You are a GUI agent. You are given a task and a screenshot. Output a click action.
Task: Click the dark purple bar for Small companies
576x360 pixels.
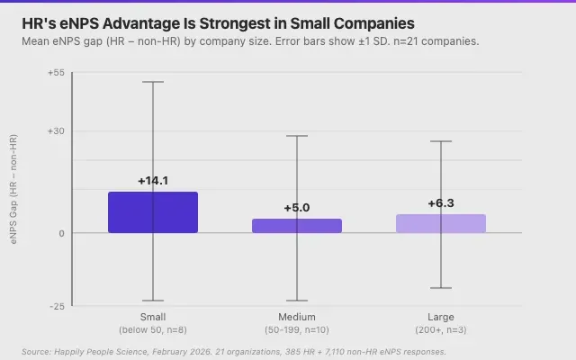(153, 212)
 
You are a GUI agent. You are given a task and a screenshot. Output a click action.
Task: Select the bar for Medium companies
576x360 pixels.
(297, 226)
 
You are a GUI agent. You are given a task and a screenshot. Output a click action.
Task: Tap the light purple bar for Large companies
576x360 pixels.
(441, 224)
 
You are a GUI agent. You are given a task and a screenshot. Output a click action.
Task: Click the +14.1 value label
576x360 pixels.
(153, 181)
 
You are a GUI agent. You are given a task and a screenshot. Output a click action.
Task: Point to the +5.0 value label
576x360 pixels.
(297, 208)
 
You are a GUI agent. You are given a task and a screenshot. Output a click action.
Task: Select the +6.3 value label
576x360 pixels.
(441, 203)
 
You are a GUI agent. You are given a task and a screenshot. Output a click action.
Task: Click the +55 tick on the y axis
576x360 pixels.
(56, 73)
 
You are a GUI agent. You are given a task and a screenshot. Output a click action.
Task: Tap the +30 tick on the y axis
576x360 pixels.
(56, 131)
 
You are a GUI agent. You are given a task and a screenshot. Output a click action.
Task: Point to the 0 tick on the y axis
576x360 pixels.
(61, 233)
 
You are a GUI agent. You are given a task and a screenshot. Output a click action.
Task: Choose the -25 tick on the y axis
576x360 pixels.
(57, 306)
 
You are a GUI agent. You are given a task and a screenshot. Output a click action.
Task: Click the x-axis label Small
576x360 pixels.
(153, 317)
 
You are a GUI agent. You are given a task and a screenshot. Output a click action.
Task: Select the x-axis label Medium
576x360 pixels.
(297, 317)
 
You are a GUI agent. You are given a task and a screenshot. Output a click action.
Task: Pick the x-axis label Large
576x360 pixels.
(441, 317)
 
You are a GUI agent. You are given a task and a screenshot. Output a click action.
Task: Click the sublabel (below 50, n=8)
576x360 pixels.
(153, 329)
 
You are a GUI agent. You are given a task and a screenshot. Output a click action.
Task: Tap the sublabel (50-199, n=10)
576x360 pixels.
(297, 329)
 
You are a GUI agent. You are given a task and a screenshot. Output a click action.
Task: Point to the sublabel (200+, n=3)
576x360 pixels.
(441, 329)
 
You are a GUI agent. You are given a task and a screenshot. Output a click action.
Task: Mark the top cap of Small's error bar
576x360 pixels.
(153, 82)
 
